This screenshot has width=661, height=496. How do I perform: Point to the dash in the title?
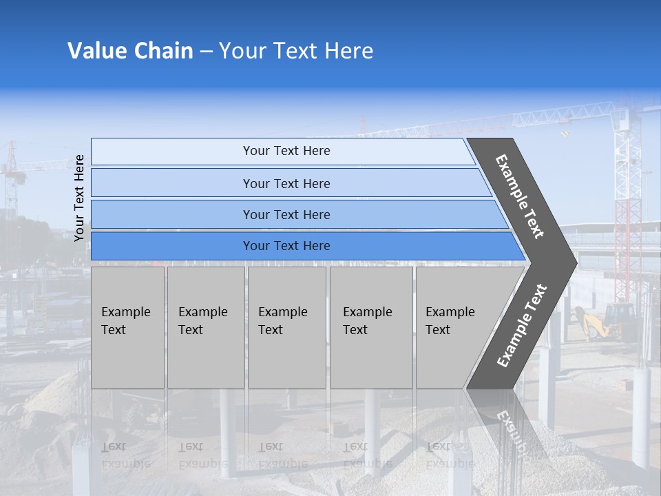[206, 52]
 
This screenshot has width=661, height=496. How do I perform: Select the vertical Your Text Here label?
[79, 198]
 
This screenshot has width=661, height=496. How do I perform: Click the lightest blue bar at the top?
[286, 151]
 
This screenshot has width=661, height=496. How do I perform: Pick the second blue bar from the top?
[286, 183]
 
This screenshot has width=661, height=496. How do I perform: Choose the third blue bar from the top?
[286, 214]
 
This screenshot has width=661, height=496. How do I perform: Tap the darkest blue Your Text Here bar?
[286, 246]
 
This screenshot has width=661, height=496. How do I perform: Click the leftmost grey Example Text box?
[127, 327]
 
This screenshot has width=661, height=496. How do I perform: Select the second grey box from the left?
[205, 327]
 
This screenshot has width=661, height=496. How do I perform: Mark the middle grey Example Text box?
[286, 327]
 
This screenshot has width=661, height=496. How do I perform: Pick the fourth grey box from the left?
[371, 327]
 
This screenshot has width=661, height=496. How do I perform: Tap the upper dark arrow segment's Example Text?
[520, 196]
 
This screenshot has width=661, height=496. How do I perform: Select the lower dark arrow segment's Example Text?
[522, 326]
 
